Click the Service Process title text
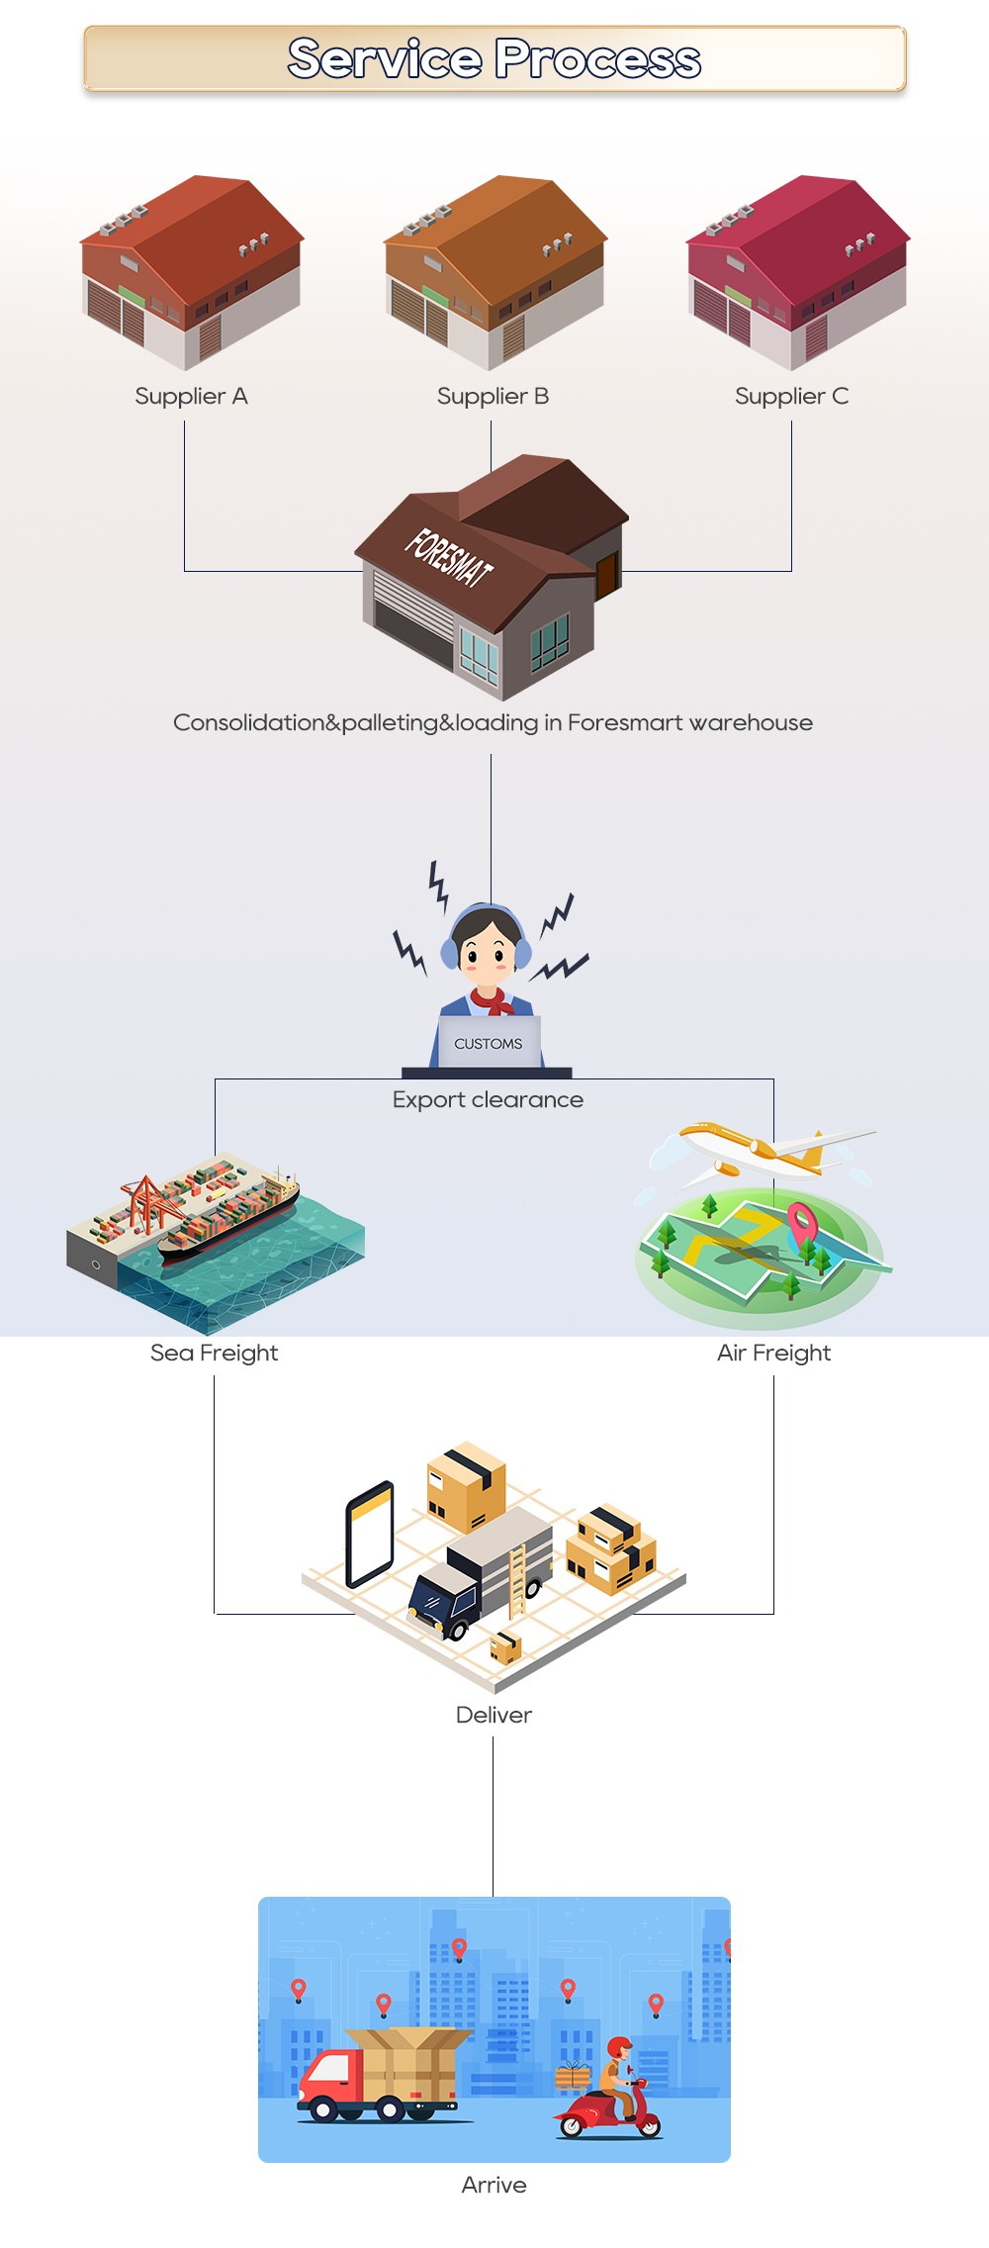(494, 58)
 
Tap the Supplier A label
(191, 397)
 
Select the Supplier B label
(493, 397)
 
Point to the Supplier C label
(791, 397)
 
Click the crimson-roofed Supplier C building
(797, 271)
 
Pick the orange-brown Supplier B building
(494, 271)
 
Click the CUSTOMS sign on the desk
(489, 1044)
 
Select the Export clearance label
(488, 1100)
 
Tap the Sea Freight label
(214, 1353)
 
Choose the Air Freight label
(773, 1353)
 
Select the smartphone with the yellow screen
(370, 1534)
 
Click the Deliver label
(494, 1715)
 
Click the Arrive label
(494, 2185)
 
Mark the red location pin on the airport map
(801, 1221)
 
